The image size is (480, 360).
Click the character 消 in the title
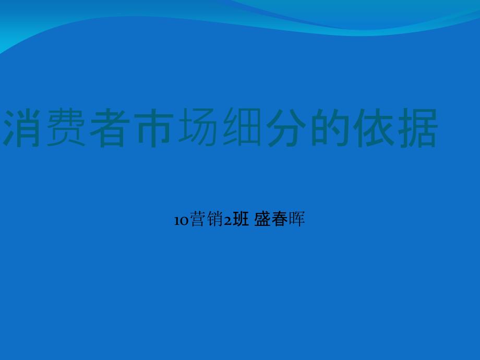22,127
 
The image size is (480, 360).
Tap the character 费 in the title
66,127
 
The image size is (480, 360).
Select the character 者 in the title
110,127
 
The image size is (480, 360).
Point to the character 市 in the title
154,127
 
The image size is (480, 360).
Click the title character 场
197,127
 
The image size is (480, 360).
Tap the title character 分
286,127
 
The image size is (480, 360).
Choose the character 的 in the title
330,127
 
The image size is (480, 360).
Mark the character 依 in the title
374,127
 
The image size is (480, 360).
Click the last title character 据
417,127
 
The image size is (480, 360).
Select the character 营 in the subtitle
197,219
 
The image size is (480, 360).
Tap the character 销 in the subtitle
214,219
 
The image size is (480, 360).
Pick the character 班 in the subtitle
241,219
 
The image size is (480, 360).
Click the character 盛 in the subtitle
262,219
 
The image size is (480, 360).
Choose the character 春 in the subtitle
280,219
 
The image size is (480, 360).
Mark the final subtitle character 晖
297,219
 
